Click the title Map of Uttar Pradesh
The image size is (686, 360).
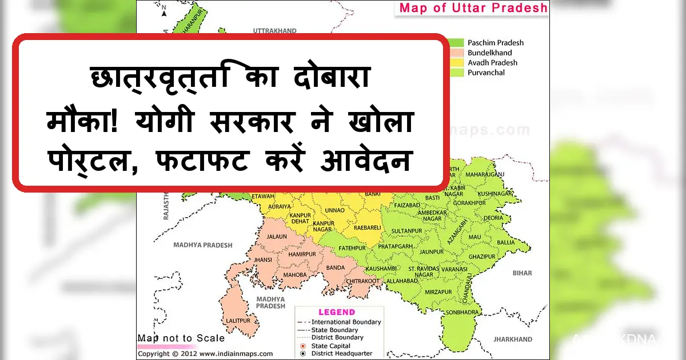(473, 8)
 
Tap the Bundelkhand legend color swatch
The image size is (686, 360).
(456, 53)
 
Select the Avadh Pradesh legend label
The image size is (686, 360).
(492, 63)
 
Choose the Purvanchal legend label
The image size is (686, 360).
(486, 73)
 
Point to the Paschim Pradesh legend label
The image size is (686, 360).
(495, 43)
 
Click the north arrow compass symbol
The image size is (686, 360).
(163, 10)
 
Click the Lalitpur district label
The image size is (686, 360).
(238, 321)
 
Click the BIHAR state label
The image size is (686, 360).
(522, 274)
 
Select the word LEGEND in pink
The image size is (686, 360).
(337, 313)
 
